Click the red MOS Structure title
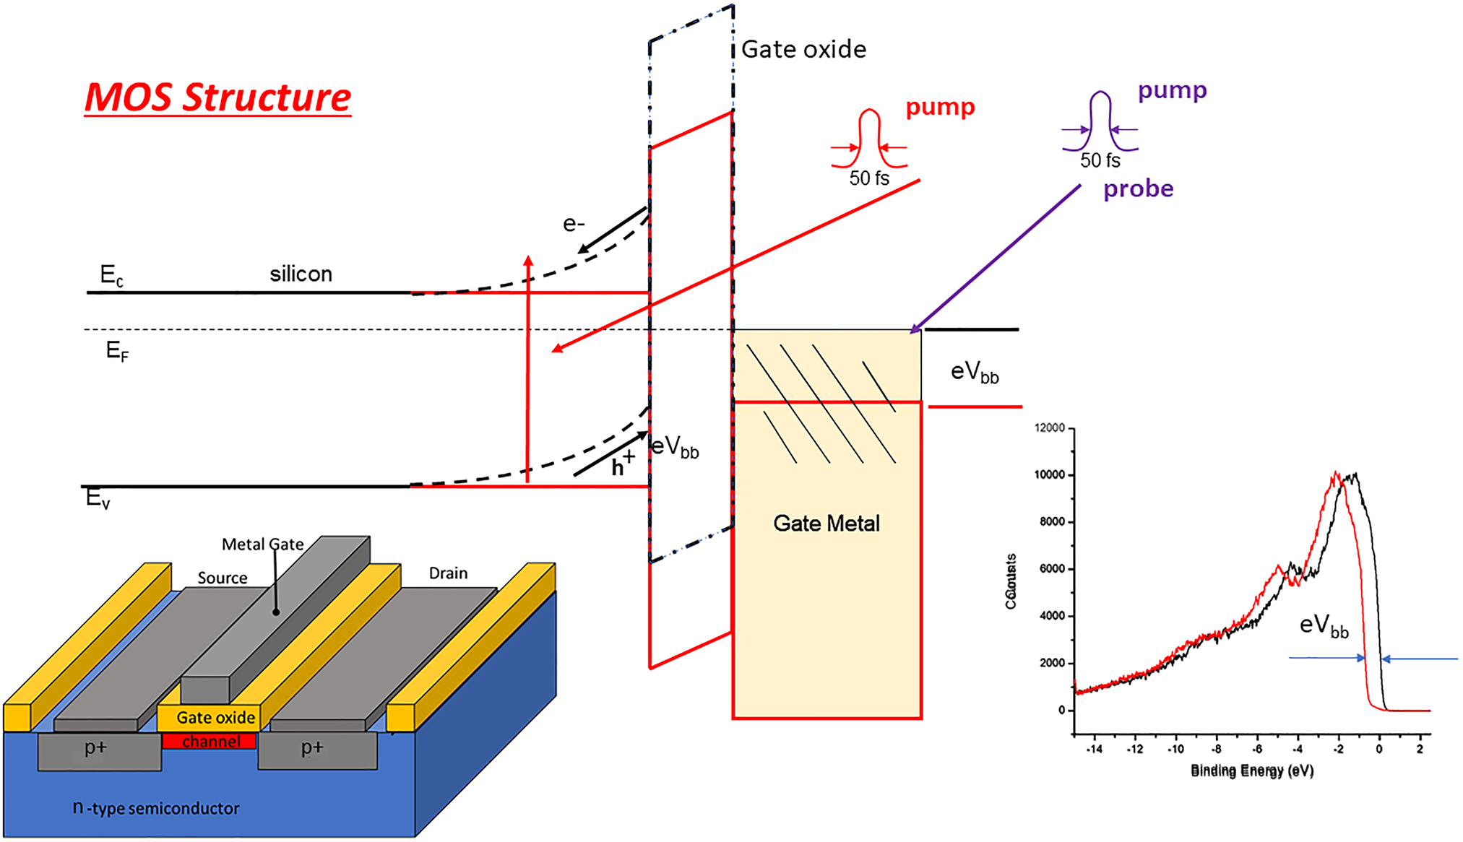(217, 97)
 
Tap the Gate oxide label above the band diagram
(803, 49)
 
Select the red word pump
(940, 107)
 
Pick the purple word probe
(1138, 188)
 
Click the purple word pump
(1172, 90)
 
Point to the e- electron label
(574, 224)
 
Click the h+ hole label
(622, 465)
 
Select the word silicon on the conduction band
(301, 274)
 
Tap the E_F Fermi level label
(117, 351)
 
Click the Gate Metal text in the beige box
(827, 524)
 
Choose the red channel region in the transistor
(210, 741)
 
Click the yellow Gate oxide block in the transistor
(215, 717)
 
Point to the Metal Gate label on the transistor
(262, 544)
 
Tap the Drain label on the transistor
(448, 573)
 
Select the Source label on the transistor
(223, 578)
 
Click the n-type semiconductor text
(156, 807)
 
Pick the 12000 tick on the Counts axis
(1050, 428)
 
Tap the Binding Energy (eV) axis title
(1252, 771)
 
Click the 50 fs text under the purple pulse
(1100, 160)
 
